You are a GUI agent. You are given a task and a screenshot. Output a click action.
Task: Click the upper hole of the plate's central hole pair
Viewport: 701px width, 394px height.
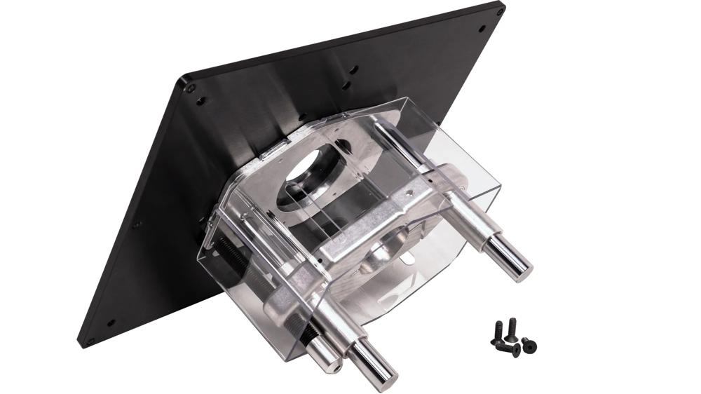click(x=353, y=69)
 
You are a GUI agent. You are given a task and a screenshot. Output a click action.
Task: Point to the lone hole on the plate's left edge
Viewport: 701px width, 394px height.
click(x=136, y=225)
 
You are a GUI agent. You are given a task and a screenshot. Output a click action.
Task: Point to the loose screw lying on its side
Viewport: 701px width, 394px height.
click(x=508, y=346)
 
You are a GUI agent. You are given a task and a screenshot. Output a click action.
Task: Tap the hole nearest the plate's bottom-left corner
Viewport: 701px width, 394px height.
click(x=110, y=323)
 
